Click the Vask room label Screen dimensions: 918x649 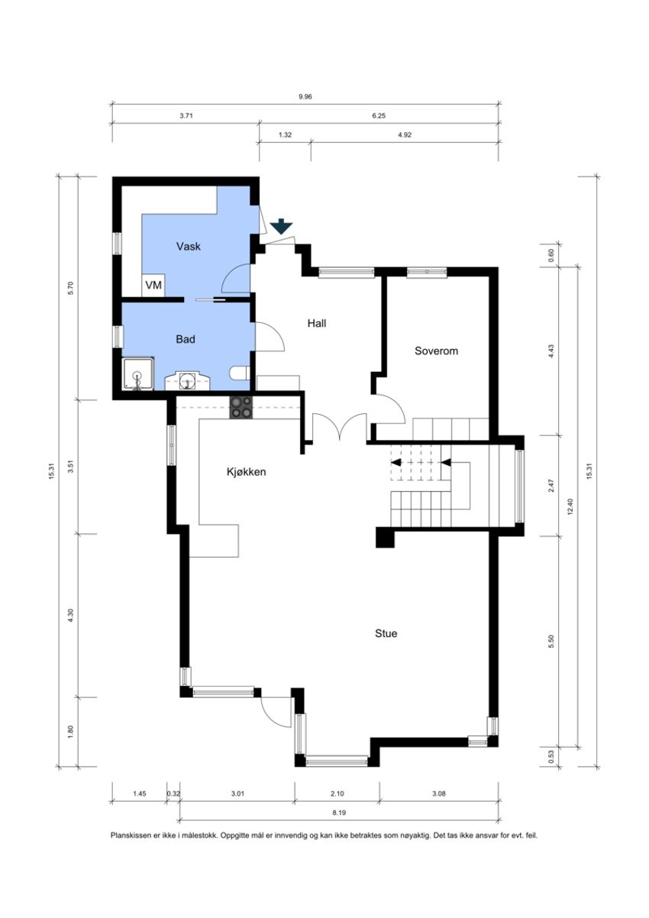tap(188, 247)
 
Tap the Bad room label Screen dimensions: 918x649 tap(185, 339)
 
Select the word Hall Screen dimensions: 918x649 tap(317, 323)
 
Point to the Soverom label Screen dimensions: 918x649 tap(436, 351)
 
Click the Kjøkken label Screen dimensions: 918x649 tap(246, 472)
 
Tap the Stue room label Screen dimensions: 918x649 tap(386, 633)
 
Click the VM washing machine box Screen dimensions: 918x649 tap(153, 286)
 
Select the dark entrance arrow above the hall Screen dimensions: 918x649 tap(281, 226)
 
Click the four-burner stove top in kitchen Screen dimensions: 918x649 tap(242, 407)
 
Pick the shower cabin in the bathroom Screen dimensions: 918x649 tap(137, 375)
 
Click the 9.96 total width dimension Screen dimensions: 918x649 tap(305, 96)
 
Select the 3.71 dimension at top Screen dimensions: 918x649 tap(186, 115)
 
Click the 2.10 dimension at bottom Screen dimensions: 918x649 tap(337, 794)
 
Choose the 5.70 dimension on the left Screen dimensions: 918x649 tap(70, 288)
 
